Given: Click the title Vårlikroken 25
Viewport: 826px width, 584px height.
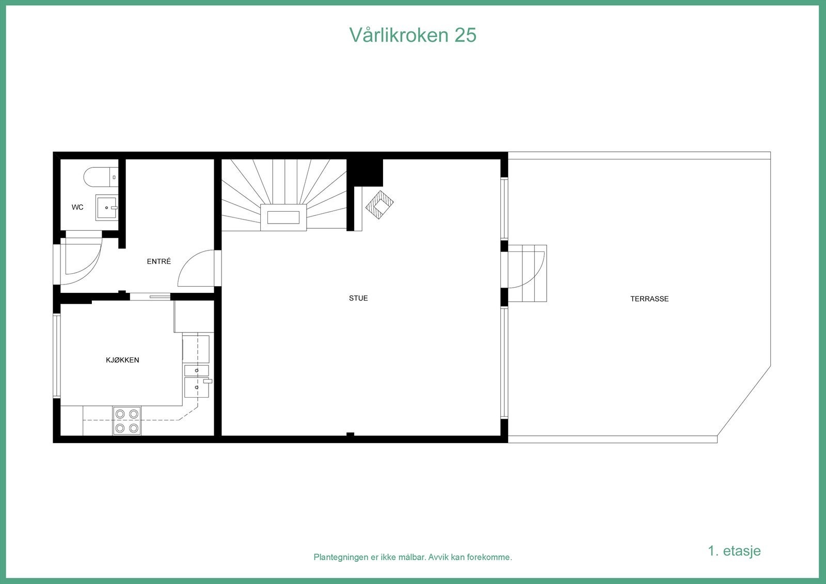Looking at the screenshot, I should point(412,35).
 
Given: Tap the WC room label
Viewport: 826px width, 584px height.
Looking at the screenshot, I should point(77,208).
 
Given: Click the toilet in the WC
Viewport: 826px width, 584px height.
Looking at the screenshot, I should point(100,177).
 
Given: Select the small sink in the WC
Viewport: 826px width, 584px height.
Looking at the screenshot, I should point(107,208).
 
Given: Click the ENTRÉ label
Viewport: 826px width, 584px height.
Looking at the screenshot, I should point(158,262).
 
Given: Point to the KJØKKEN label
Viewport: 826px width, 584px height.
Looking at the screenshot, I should point(122,360).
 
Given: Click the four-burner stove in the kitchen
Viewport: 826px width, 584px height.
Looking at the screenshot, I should point(127,421).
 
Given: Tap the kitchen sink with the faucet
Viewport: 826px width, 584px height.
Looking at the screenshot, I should point(197,387).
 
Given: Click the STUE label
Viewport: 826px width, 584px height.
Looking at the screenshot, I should point(358,298).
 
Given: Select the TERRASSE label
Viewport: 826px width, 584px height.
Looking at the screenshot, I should point(649,298).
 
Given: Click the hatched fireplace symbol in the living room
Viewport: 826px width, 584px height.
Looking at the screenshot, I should point(380,205).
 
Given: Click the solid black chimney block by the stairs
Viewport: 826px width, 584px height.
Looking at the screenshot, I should point(365,171).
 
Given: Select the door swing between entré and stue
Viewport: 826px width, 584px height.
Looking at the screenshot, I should point(197,269).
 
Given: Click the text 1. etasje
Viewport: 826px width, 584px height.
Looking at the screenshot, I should point(734,550).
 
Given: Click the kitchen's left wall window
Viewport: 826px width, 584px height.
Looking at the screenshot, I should point(57,355).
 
